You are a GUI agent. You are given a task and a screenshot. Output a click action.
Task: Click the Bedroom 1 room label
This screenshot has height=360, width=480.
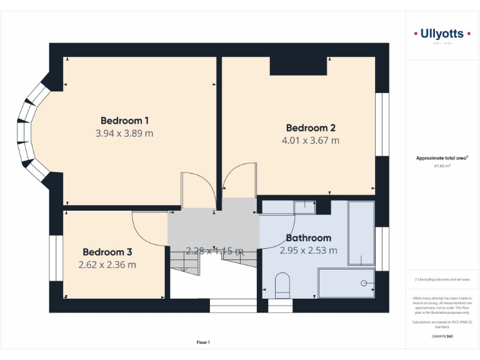point(124,121)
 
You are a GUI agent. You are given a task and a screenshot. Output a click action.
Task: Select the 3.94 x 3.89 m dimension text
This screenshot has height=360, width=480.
point(124,133)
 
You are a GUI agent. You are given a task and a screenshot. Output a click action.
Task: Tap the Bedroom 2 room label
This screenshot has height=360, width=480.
point(311,128)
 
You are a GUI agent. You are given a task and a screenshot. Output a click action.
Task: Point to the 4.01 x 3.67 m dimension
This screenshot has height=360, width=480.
point(311,141)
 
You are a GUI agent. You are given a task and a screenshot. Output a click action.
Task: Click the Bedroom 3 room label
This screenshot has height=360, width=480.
point(107,252)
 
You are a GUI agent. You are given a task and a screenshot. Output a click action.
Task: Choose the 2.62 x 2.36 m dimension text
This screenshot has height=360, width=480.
point(107,264)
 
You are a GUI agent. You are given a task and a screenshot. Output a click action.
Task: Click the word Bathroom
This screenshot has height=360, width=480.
point(308,238)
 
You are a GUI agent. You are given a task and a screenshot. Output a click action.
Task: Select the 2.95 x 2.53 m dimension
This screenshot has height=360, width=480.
point(308,251)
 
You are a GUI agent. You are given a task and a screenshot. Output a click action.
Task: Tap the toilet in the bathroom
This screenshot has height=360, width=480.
point(282,284)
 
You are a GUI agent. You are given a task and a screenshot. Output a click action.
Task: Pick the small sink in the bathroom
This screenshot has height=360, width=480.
point(305,206)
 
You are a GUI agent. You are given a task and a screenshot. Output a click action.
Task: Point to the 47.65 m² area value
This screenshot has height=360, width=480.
point(442,166)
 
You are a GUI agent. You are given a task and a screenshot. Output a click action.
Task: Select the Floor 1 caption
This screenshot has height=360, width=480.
point(203,342)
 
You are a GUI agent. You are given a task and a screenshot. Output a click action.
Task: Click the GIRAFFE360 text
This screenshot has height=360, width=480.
point(442,336)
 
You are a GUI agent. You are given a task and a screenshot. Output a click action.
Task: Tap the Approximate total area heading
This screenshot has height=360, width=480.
point(442,158)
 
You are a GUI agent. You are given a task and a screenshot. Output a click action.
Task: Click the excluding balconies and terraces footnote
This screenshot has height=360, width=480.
point(442,279)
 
